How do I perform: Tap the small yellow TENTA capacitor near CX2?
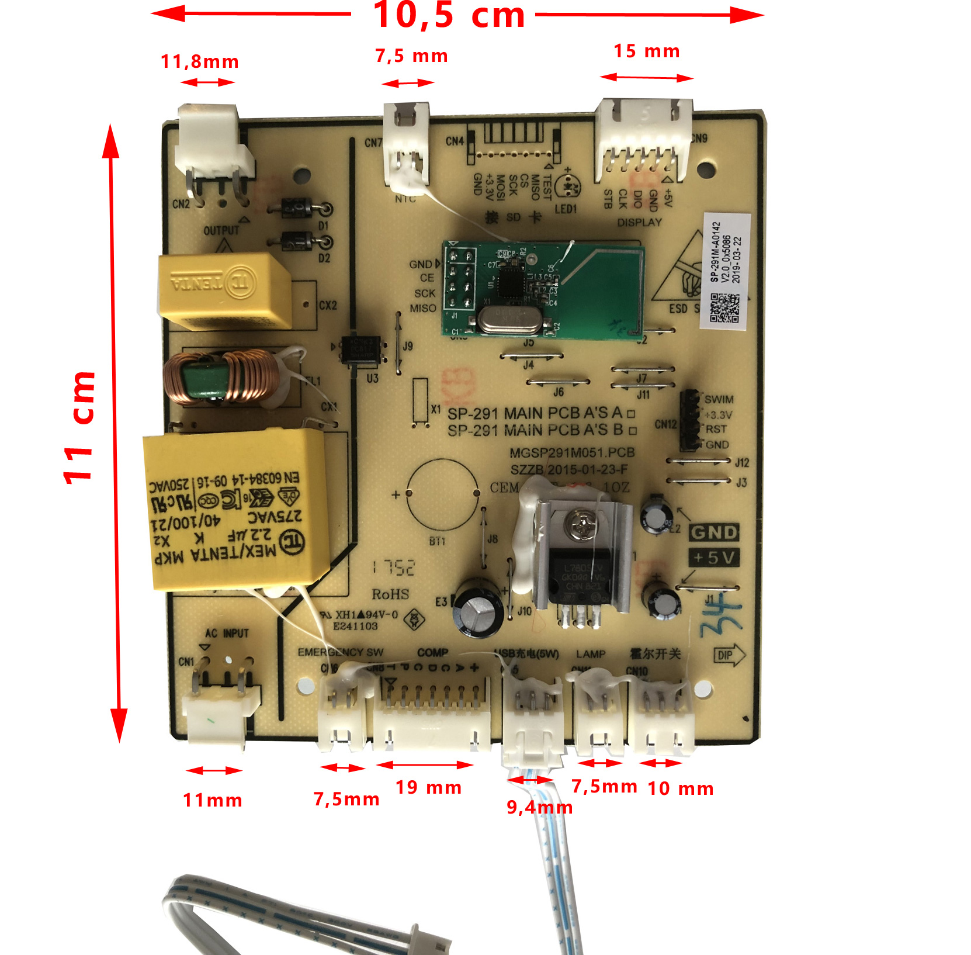pos(224,290)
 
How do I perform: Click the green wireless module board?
pos(543,290)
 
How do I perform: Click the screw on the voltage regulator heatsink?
pos(582,524)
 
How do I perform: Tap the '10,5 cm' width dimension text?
pos(449,15)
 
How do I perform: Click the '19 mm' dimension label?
pos(428,787)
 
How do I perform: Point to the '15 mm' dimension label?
pos(646,51)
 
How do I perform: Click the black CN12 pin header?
pos(690,420)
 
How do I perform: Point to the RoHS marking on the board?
pos(390,594)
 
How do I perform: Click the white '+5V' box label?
pos(713,558)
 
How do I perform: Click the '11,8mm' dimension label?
pos(200,62)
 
